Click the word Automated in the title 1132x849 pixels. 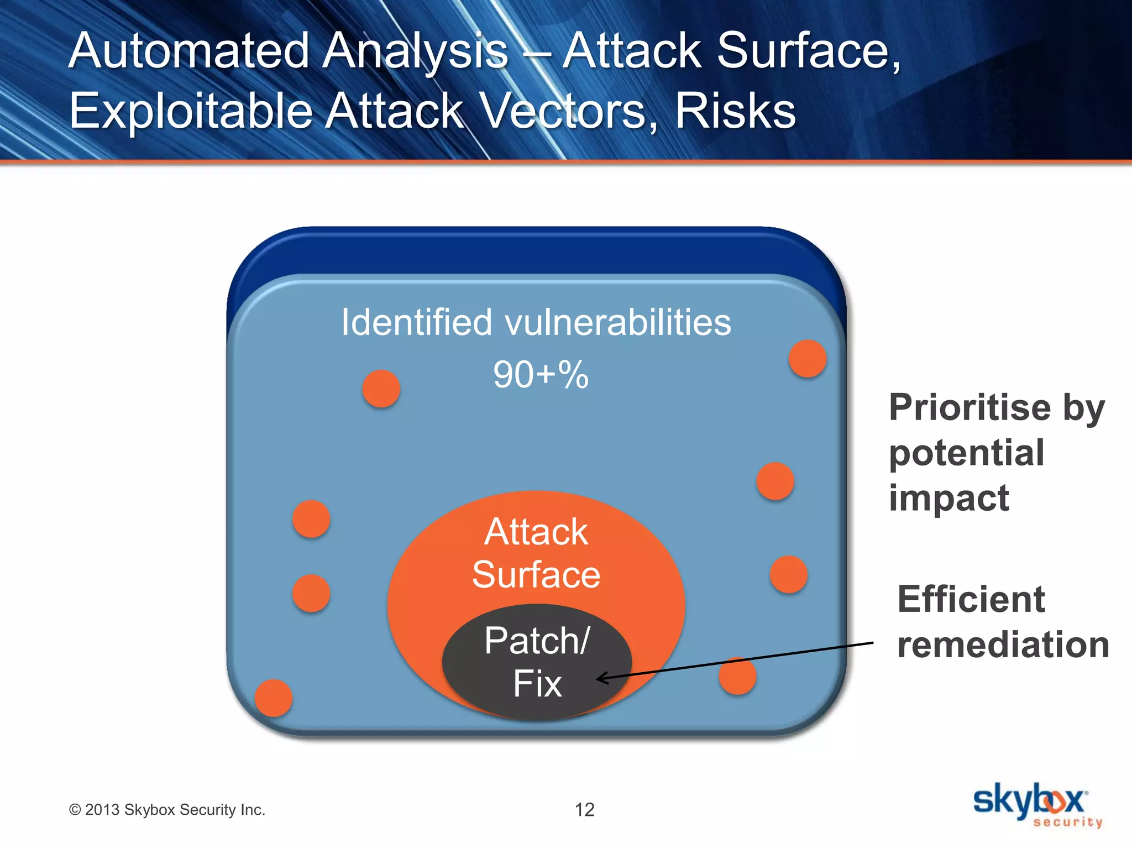[x=188, y=51]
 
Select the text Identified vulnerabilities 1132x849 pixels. [x=536, y=322]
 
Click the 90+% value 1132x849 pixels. [x=541, y=375]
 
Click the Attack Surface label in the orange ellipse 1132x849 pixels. [x=536, y=553]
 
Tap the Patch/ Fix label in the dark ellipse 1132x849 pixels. [x=537, y=662]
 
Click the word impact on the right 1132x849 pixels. [x=948, y=497]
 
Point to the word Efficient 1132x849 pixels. [x=971, y=599]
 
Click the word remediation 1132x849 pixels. [x=1003, y=644]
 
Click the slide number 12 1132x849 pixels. [x=584, y=810]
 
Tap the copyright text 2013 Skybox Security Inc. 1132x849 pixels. [x=167, y=810]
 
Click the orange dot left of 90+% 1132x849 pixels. [x=381, y=389]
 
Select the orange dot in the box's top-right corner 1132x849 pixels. [x=808, y=359]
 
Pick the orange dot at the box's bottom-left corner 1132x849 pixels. [x=274, y=698]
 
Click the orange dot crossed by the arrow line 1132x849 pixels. [x=737, y=675]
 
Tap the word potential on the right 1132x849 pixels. [x=966, y=453]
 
